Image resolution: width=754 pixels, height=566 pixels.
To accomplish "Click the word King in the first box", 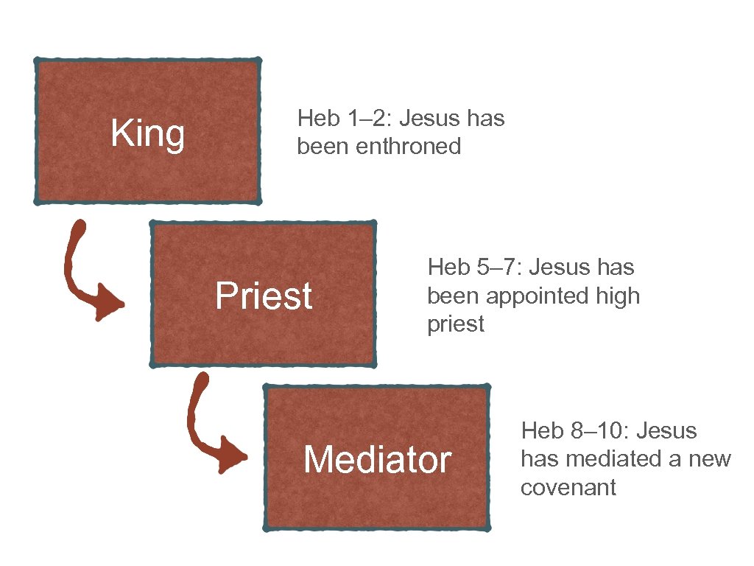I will click(x=147, y=135).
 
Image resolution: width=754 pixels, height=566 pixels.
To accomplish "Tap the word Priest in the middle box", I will click(x=264, y=296).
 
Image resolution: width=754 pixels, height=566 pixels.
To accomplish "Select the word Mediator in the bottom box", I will click(x=377, y=460).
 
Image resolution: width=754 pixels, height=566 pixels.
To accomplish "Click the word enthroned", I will click(x=408, y=147).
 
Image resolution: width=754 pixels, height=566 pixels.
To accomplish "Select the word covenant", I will click(x=568, y=488).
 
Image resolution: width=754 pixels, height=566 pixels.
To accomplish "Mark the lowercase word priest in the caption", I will click(x=456, y=324).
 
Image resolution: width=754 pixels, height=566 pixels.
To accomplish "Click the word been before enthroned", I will click(x=323, y=147).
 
